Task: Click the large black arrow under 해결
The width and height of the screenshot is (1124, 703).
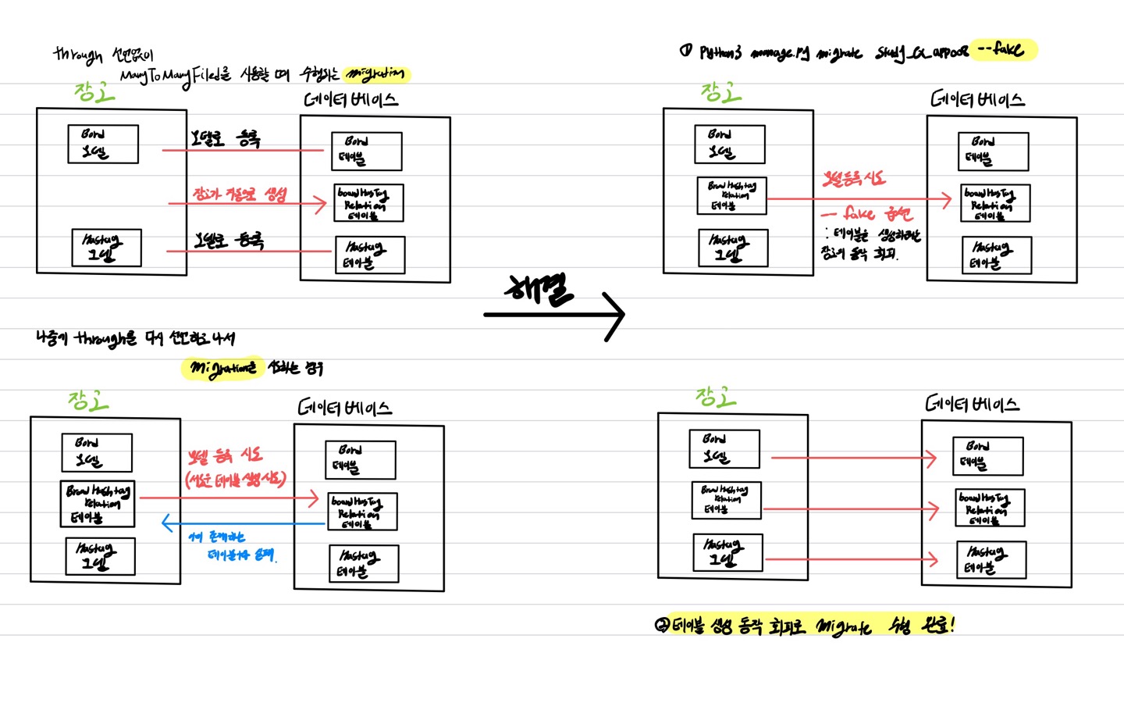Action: coord(554,315)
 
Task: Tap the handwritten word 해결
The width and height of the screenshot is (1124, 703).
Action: coord(539,290)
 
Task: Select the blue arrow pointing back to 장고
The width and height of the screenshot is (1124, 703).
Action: coord(242,523)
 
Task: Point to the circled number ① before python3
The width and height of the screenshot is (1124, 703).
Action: coord(685,52)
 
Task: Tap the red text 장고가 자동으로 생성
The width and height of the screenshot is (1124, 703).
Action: coord(240,194)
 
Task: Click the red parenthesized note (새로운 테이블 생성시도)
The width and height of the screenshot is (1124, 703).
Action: coord(236,479)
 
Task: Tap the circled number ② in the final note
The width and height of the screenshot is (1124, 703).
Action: coord(662,625)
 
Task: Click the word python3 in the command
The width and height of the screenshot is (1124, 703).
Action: coord(720,52)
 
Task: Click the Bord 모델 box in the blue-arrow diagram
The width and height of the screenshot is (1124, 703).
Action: coord(97,452)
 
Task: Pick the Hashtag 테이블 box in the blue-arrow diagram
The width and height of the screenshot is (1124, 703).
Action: coord(364,563)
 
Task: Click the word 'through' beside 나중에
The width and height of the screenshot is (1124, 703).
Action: coord(105,339)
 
